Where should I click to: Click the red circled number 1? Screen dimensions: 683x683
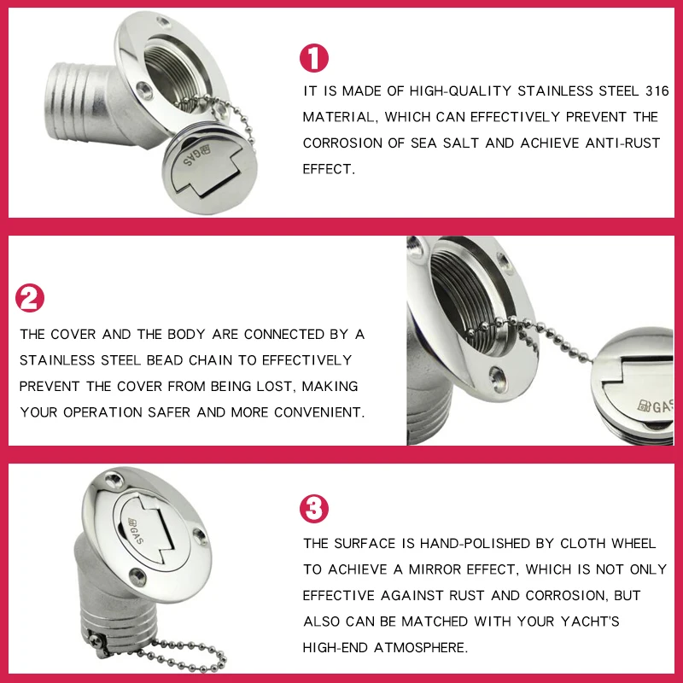coord(313,58)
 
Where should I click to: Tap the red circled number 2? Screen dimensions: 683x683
coord(30,298)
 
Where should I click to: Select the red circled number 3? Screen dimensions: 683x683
coord(313,508)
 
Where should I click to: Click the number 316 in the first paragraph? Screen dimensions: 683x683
coord(657,91)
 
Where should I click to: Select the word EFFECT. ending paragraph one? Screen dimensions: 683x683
coord(329,169)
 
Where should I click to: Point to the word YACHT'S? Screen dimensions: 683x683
coord(590,622)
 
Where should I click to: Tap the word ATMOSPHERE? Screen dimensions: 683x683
coord(421,647)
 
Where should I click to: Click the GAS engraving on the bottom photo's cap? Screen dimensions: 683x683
coord(136,530)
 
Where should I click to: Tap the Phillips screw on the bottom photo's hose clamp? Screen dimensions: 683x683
coord(96,640)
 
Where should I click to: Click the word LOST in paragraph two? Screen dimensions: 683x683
coord(275,386)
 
